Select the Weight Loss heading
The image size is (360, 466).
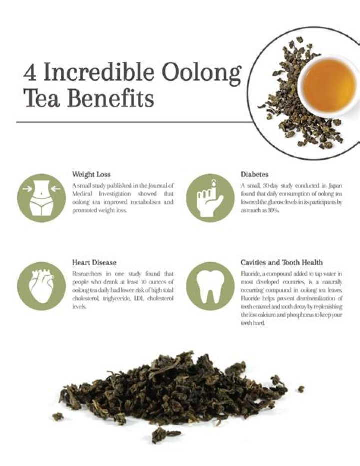[x=91, y=174]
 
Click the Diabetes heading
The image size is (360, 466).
[x=255, y=174]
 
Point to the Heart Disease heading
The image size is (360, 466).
[x=94, y=262]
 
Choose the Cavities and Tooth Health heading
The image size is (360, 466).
[x=282, y=262]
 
